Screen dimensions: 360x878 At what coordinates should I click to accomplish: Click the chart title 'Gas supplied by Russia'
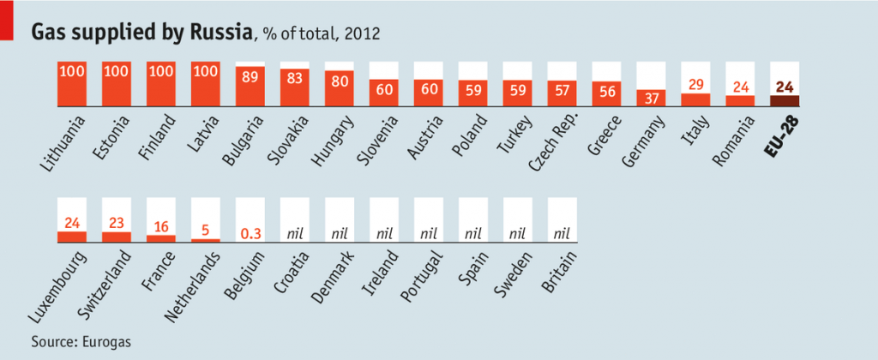point(142,32)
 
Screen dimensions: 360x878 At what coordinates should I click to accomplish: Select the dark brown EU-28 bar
point(784,100)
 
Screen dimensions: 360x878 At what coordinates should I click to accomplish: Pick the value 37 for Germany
point(651,98)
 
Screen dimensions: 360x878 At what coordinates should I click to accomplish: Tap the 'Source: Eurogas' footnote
point(81,342)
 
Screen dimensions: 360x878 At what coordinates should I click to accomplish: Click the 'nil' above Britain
point(562,232)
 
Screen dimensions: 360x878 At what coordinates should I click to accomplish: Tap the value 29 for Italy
point(695,84)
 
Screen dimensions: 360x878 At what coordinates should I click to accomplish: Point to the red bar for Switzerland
point(117,237)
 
